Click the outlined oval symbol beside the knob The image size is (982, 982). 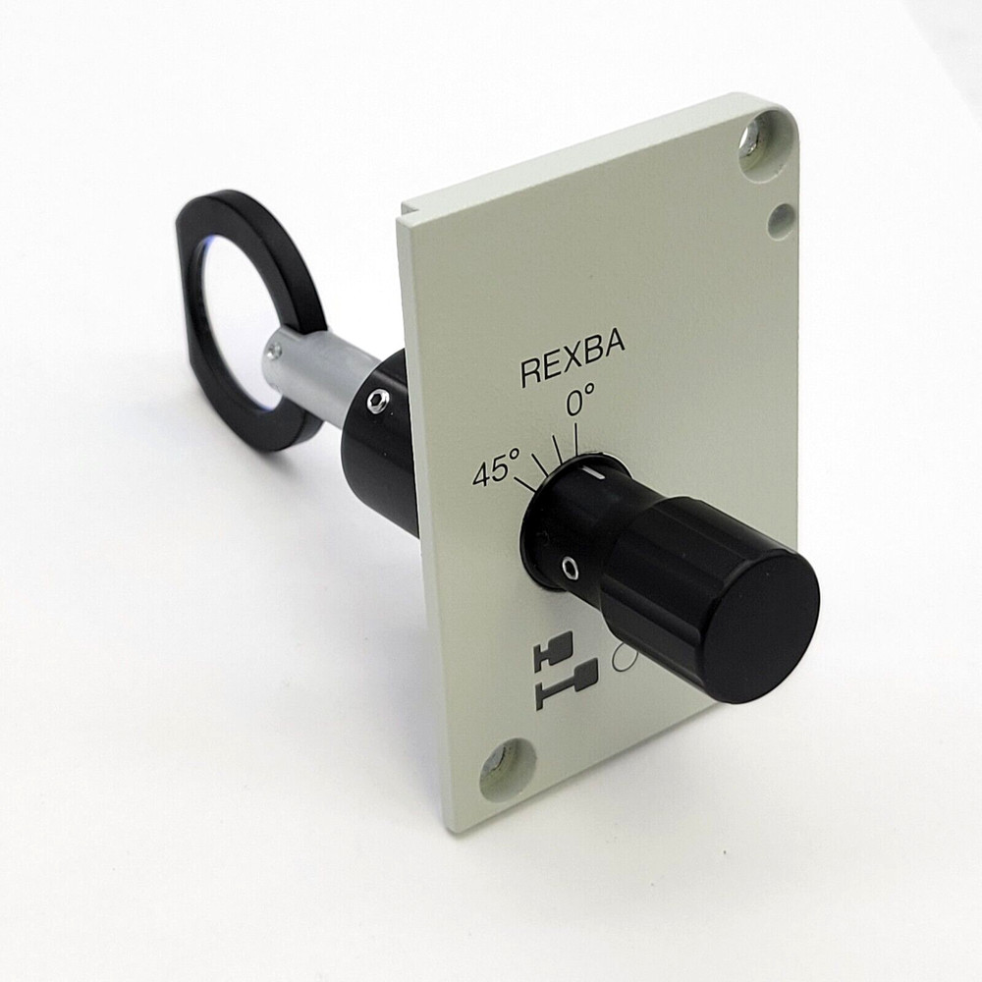622,659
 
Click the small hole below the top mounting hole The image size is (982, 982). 781,220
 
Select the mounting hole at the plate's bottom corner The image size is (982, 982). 507,766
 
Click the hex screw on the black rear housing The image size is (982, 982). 377,400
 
